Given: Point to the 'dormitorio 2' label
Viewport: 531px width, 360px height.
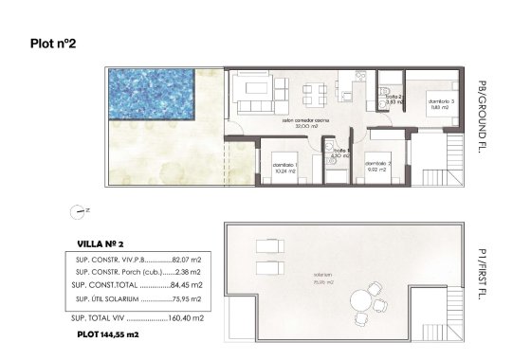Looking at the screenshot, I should click(379, 164).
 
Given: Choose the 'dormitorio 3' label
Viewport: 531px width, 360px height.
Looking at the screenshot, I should click(442, 102).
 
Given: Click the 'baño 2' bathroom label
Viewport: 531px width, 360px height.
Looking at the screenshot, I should click(394, 97).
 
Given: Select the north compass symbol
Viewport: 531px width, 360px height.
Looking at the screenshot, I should click(78, 212).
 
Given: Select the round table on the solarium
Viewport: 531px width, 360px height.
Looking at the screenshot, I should click(361, 302).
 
